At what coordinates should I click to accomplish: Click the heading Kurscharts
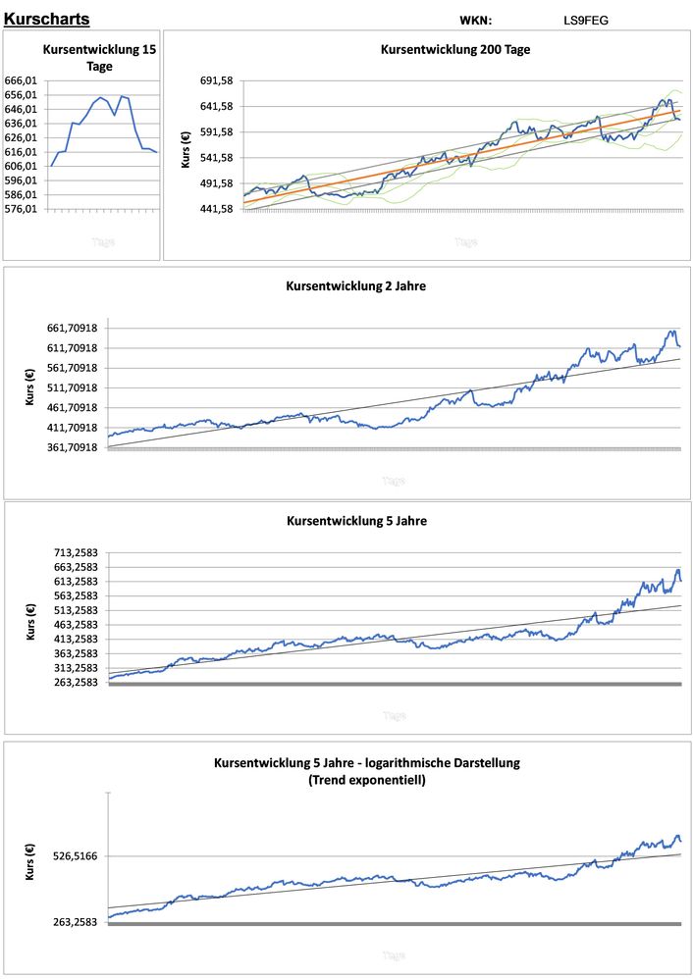pos(47,20)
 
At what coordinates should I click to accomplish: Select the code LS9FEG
pos(586,20)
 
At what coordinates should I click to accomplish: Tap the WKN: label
pos(475,20)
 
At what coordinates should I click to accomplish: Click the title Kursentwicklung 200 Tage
pos(455,49)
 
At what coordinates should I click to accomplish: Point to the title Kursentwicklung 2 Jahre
pos(355,286)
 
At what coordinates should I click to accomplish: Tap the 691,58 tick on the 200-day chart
pos(216,80)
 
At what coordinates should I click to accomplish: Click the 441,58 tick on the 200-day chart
pos(216,209)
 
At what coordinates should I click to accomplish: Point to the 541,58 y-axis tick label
pos(216,158)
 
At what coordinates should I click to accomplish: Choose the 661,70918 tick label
pos(68,329)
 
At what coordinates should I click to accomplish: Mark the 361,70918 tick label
pos(68,447)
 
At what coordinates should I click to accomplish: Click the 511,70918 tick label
pos(68,387)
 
